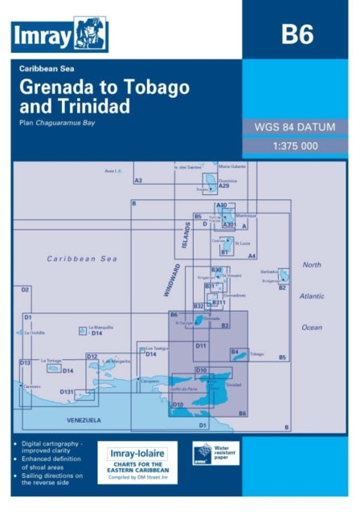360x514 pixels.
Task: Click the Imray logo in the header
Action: [60, 35]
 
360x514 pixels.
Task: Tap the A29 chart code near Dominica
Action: [223, 186]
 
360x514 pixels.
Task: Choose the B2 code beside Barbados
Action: [282, 287]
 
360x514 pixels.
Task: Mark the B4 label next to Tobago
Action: [235, 351]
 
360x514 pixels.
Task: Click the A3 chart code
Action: [138, 181]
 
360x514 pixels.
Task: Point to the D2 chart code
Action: [25, 289]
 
